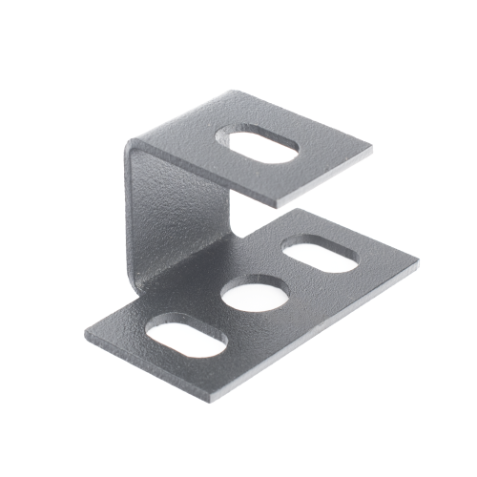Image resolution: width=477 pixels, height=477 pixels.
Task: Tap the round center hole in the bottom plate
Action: point(256,295)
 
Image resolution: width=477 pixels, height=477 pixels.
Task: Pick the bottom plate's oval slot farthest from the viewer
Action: point(321,256)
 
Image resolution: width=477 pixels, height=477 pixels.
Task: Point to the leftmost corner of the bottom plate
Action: point(85,339)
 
